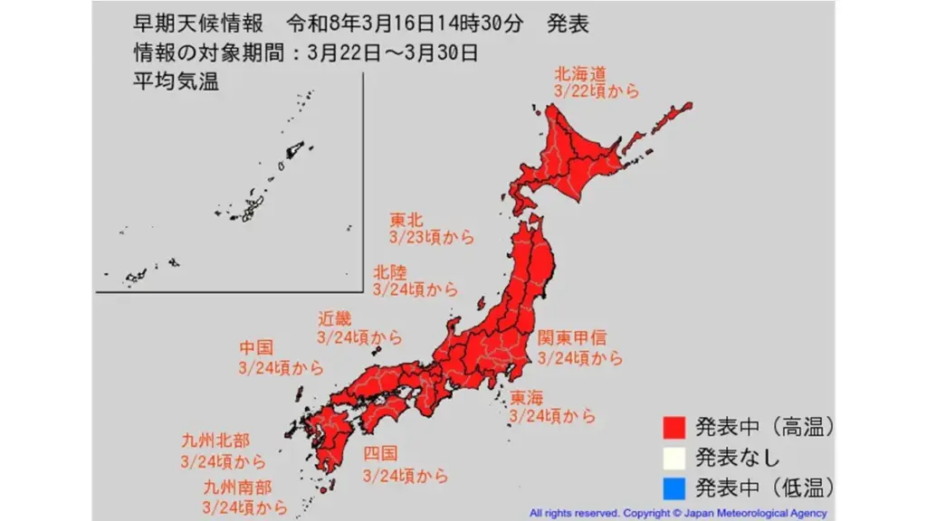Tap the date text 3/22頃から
(x=597, y=91)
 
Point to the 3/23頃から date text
(x=432, y=237)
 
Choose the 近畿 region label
(x=333, y=318)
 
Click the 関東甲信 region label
(x=572, y=339)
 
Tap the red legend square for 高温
(x=673, y=426)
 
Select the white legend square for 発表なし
(x=673, y=457)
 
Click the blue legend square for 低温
(x=673, y=488)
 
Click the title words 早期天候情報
(x=197, y=24)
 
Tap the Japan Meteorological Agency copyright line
(x=678, y=513)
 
